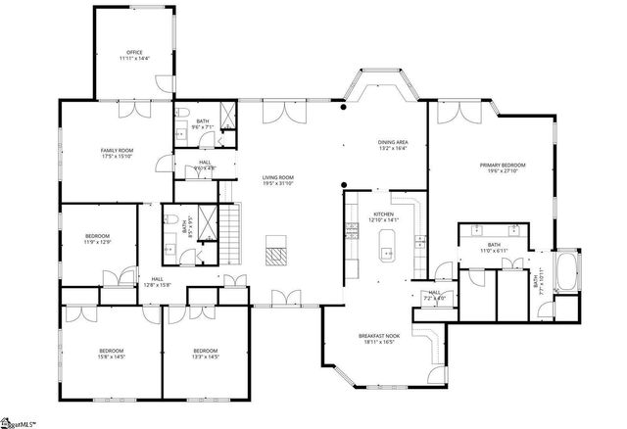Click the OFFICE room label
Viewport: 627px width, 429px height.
click(x=134, y=53)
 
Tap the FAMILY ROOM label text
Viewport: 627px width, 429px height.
click(x=117, y=150)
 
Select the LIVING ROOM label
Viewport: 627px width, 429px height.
click(x=277, y=177)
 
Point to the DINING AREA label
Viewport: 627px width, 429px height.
click(x=393, y=143)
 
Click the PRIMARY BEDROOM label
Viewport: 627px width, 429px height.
click(x=502, y=165)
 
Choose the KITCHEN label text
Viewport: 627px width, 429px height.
click(x=383, y=214)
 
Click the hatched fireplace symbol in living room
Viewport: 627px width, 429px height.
click(x=277, y=255)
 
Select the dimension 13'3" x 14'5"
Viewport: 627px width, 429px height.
click(x=205, y=357)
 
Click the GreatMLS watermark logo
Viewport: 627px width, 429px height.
click(x=19, y=422)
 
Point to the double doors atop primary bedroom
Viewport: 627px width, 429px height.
click(x=452, y=111)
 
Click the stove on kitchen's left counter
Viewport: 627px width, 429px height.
click(x=351, y=231)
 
